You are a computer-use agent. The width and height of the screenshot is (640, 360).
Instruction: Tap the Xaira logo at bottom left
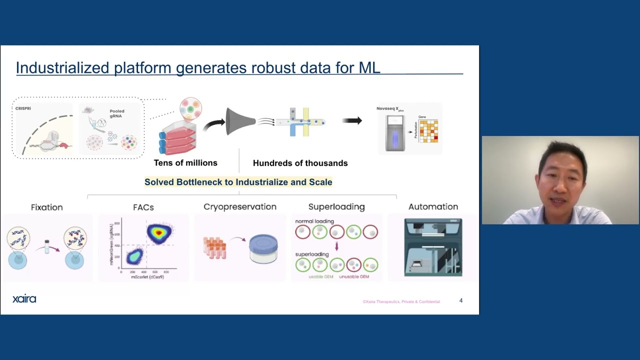pos(24,299)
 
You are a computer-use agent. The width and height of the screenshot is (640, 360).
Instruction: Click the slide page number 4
pos(460,300)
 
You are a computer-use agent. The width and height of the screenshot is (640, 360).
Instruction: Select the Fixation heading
pos(46,207)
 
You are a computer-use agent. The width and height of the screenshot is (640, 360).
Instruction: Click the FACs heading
pos(143,207)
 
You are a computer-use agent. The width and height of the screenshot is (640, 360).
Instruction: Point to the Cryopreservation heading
pos(239,207)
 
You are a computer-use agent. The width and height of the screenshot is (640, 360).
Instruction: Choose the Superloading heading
pos(336,207)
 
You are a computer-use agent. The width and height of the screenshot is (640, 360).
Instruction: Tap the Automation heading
pos(433,207)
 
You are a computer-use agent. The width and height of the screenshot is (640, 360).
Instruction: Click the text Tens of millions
pos(185,163)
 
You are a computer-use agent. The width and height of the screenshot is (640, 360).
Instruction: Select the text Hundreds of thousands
pos(300,163)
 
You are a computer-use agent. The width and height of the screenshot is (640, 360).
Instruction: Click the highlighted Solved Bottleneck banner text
pos(238,182)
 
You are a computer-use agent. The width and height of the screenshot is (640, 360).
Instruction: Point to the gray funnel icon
pos(240,121)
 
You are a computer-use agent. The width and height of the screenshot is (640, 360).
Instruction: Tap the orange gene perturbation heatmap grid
pos(428,131)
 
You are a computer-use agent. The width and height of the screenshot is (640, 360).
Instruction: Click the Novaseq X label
pos(388,108)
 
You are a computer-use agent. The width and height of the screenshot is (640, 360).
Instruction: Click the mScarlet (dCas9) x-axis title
pos(147,277)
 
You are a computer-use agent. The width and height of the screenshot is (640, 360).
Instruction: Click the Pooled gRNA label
pos(116,113)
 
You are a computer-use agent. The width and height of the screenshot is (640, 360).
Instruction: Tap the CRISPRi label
pos(23,108)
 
